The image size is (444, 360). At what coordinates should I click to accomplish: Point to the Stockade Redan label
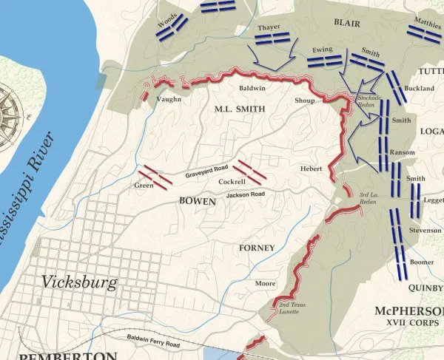[x=370, y=101]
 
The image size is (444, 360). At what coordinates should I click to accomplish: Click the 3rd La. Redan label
[x=369, y=198]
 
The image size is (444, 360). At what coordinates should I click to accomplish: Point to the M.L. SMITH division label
[x=239, y=109]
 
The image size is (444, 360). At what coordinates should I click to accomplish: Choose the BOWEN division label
[x=197, y=200]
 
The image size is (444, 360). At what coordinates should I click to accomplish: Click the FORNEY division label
[x=257, y=248]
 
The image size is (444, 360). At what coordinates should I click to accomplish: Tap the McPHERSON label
[x=408, y=310]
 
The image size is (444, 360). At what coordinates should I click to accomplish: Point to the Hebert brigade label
[x=311, y=169]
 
